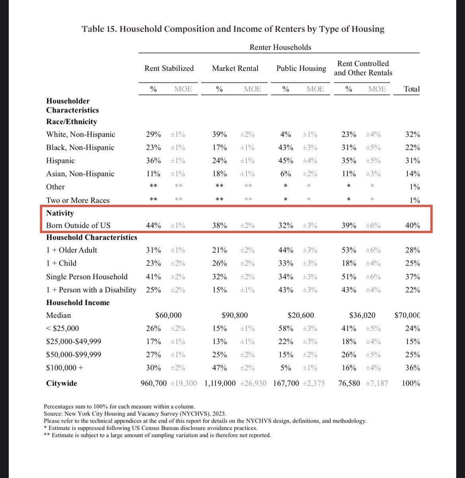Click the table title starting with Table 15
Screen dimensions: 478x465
[233, 29]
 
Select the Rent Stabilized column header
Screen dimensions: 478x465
[169, 69]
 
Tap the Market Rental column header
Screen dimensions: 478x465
[235, 69]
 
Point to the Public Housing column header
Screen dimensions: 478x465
[301, 69]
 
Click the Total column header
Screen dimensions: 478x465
[412, 89]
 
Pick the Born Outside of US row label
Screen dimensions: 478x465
[78, 225]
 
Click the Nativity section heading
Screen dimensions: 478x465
[60, 213]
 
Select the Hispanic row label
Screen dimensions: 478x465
[61, 161]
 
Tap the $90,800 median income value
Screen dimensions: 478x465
[234, 315]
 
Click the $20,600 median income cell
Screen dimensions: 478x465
[301, 315]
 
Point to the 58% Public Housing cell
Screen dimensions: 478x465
[285, 329]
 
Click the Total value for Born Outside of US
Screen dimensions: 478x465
[412, 225]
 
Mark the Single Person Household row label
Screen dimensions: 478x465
[87, 277]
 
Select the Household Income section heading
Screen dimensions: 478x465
[78, 303]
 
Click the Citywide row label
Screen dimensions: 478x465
[62, 384]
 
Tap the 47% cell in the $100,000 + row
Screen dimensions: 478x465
[219, 368]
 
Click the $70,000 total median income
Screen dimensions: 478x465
[407, 315]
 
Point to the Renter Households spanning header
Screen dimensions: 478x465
[280, 47]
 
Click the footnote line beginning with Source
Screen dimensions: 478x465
[135, 414]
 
